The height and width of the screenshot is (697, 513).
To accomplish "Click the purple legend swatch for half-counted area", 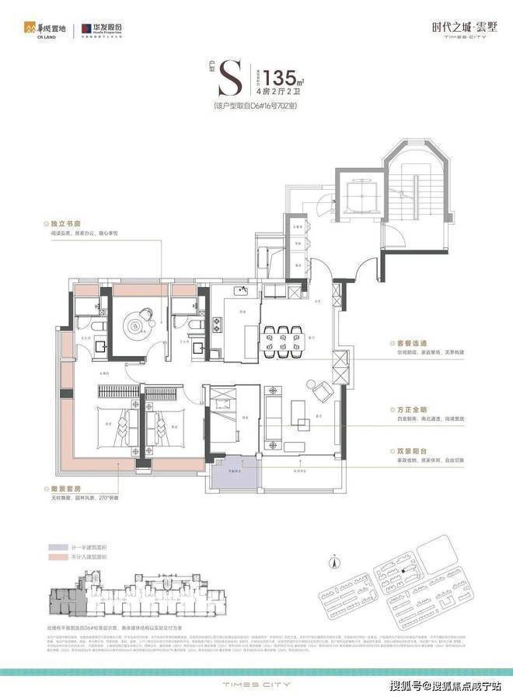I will click(x=61, y=546).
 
